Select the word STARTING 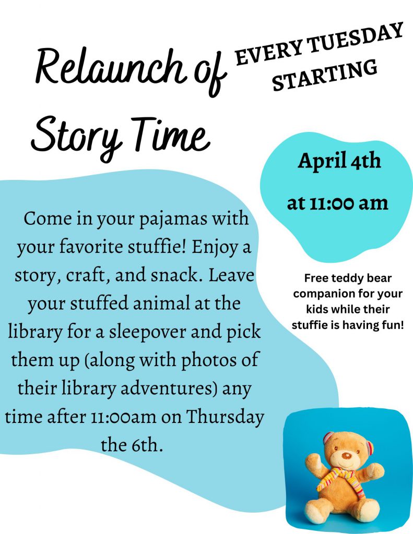(325, 75)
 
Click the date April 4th (339, 161)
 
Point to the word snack (176, 275)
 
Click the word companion (318, 294)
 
